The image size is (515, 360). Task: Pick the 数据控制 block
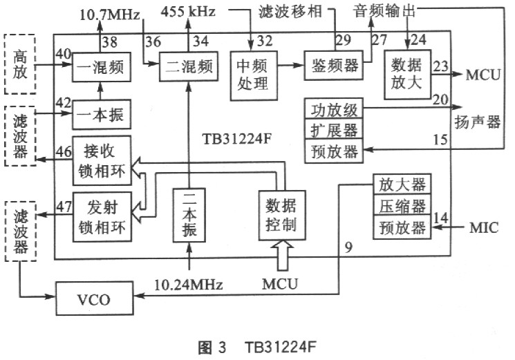pyautogui.click(x=281, y=214)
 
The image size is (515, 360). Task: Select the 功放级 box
pyautogui.click(x=333, y=109)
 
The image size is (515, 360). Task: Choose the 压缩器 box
pyautogui.click(x=400, y=205)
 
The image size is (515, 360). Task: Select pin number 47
pyautogui.click(x=64, y=205)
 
